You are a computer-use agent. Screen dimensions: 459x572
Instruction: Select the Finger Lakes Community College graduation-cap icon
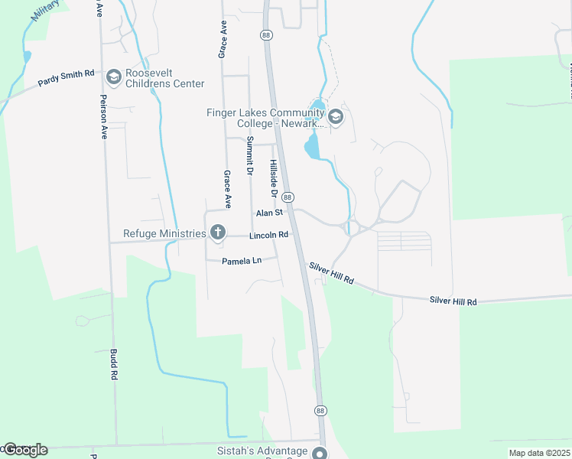tap(336, 117)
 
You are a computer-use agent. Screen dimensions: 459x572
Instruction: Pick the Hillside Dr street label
tap(272, 180)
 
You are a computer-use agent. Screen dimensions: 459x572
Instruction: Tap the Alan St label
tap(269, 213)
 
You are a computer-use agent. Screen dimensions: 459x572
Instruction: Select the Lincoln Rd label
tap(268, 235)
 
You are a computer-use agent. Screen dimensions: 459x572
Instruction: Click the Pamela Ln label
tap(242, 261)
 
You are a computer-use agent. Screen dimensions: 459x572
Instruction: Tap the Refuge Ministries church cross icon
tap(218, 233)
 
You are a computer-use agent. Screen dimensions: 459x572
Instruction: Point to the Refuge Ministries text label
tap(164, 233)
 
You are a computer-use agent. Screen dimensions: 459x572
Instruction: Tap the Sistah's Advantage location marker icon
tap(320, 452)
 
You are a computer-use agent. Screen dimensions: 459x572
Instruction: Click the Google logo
tap(24, 450)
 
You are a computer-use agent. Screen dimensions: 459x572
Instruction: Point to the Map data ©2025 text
tap(539, 453)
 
